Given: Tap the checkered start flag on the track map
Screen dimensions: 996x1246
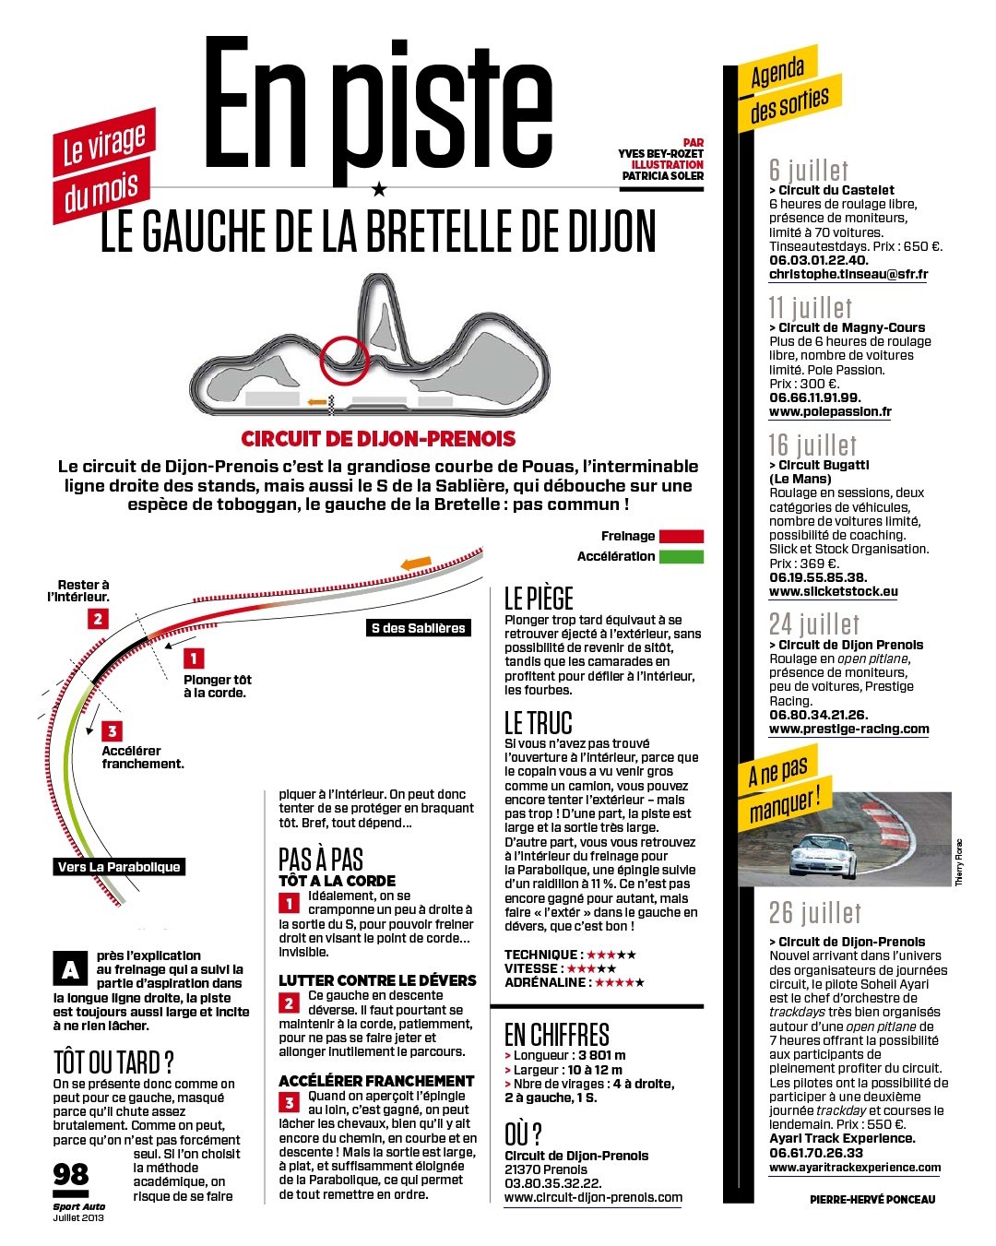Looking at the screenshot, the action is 331,404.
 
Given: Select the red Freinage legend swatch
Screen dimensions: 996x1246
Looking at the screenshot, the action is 682,536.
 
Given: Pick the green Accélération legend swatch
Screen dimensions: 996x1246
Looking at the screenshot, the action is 682,556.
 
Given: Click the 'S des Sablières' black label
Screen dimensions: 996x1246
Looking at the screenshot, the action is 418,628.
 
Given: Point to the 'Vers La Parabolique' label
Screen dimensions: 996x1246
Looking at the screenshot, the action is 119,866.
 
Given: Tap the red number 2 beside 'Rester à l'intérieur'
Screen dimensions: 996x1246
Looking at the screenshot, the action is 98,619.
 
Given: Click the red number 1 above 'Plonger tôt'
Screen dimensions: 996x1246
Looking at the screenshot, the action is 194,659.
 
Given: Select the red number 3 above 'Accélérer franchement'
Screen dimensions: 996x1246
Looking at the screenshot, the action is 112,731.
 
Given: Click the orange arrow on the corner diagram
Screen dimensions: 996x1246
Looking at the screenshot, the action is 416,563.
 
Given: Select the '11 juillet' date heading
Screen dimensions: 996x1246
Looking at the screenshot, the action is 810,307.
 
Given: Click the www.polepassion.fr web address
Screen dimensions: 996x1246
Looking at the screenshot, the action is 830,411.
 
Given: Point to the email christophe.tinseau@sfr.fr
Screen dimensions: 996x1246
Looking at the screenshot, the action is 848,275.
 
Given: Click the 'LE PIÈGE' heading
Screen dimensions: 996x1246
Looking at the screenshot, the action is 539,599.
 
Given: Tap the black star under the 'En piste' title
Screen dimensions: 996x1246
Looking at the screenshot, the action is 379,188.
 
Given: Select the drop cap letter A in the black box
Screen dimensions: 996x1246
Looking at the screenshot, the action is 70,968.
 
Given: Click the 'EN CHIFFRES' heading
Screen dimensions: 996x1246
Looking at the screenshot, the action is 556,1034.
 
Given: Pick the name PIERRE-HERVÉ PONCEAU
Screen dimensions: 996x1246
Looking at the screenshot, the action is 872,1199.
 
